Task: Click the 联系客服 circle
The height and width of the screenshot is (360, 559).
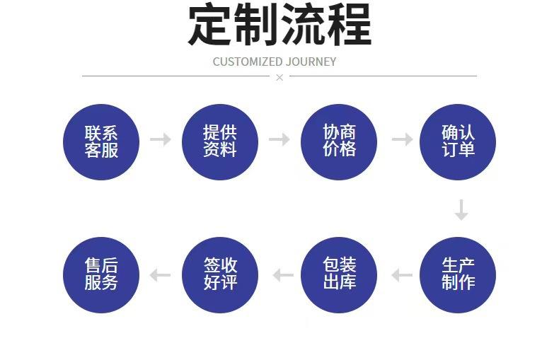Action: pyautogui.click(x=101, y=141)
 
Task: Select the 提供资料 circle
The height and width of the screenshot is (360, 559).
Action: pyautogui.click(x=220, y=141)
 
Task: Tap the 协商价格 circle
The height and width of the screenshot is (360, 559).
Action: pyautogui.click(x=339, y=141)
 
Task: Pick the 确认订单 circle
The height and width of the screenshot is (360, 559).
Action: pyautogui.click(x=458, y=141)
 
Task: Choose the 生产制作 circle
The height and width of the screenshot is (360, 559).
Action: pyautogui.click(x=458, y=274)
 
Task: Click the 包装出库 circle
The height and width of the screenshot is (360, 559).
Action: pyautogui.click(x=339, y=274)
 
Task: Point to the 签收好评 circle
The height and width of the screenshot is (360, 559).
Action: pyautogui.click(x=220, y=274)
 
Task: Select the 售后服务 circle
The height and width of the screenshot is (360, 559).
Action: pyautogui.click(x=101, y=274)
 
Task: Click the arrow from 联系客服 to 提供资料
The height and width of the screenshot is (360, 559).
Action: pyautogui.click(x=161, y=139)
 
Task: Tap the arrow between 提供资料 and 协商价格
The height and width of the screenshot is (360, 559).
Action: pyautogui.click(x=279, y=139)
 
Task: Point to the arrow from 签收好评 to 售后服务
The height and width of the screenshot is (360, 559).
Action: pyautogui.click(x=161, y=274)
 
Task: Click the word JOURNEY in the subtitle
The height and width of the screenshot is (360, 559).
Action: pyautogui.click(x=311, y=62)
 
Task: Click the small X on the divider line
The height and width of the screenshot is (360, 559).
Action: pyautogui.click(x=279, y=77)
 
